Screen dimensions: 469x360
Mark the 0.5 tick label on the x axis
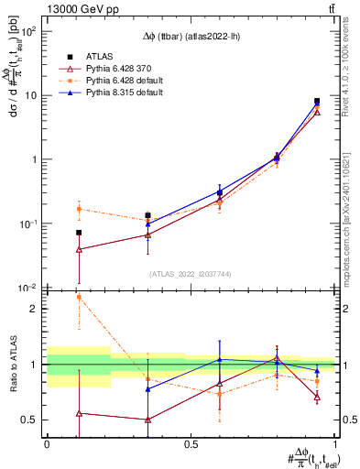coord(191,444)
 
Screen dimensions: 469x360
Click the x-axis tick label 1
coord(335,444)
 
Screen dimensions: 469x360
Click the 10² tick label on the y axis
coord(29,30)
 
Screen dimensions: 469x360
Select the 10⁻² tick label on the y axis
coord(29,288)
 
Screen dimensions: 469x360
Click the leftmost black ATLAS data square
coord(79,233)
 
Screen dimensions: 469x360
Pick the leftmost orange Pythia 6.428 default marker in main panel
coord(79,209)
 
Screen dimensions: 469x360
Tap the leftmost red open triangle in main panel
coord(79,249)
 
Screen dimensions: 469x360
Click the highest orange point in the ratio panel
coord(79,297)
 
